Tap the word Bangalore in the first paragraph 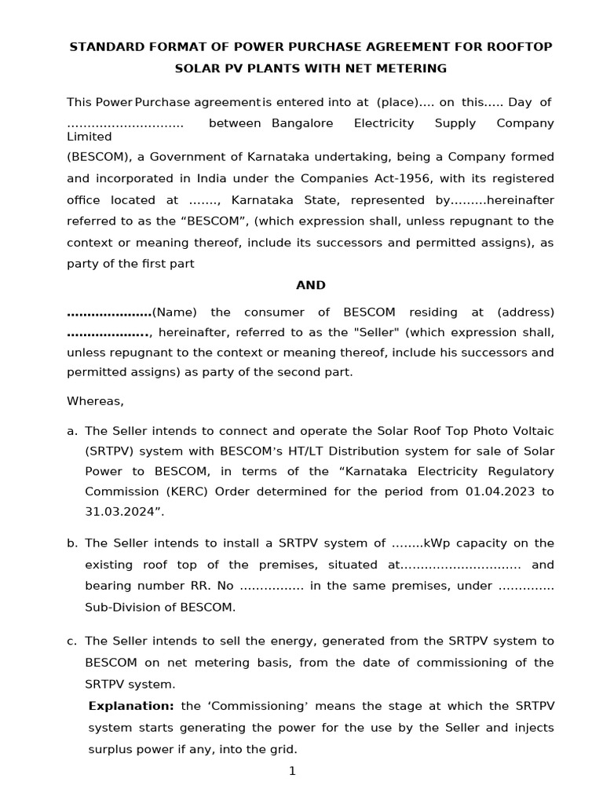point(302,123)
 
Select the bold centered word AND point(311,285)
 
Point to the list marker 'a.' point(72,430)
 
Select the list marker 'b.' point(72,543)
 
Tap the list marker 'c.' point(72,641)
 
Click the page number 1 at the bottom point(292,771)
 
